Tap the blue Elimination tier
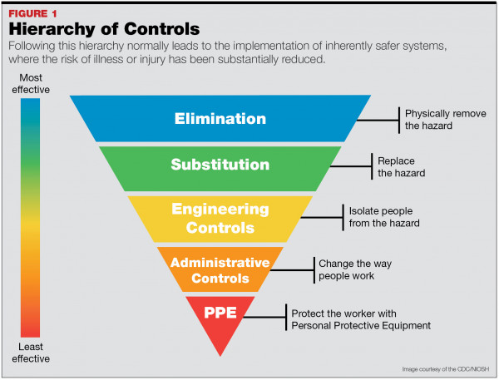pos(220,118)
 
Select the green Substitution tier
pos(220,165)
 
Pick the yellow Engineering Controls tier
pos(220,217)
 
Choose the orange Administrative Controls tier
pos(220,269)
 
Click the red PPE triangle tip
pos(220,320)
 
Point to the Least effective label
pos(30,352)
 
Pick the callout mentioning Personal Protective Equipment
pos(360,319)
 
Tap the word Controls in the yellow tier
pos(220,226)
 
